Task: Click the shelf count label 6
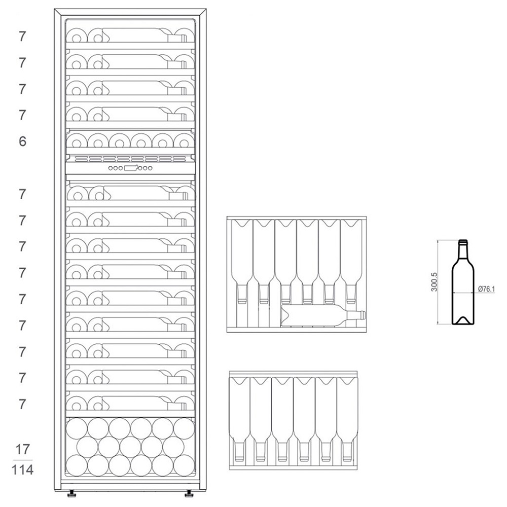click(22, 141)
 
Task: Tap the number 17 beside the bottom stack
click(22, 449)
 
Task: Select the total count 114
click(22, 470)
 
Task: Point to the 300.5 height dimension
click(434, 282)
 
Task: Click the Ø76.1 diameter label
click(486, 289)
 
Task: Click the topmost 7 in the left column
click(22, 37)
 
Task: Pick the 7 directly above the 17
click(22, 404)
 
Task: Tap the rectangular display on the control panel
click(131, 168)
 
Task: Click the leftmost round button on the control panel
click(111, 168)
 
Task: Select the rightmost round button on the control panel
click(150, 168)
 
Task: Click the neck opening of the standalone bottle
click(463, 241)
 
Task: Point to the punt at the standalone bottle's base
click(463, 320)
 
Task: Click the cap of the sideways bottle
click(363, 315)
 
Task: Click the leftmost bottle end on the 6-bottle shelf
click(77, 141)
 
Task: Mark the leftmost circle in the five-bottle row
click(87, 447)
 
